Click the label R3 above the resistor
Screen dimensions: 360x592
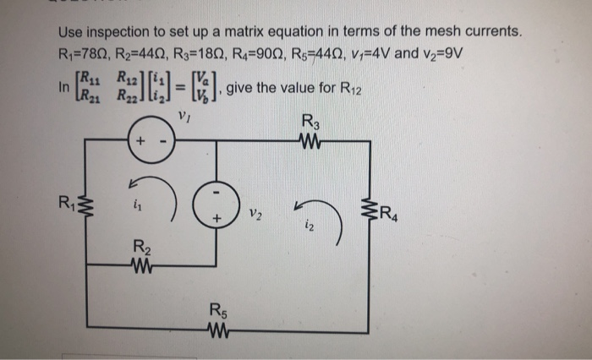[x=309, y=122]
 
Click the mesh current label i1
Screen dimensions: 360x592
[x=135, y=204]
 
